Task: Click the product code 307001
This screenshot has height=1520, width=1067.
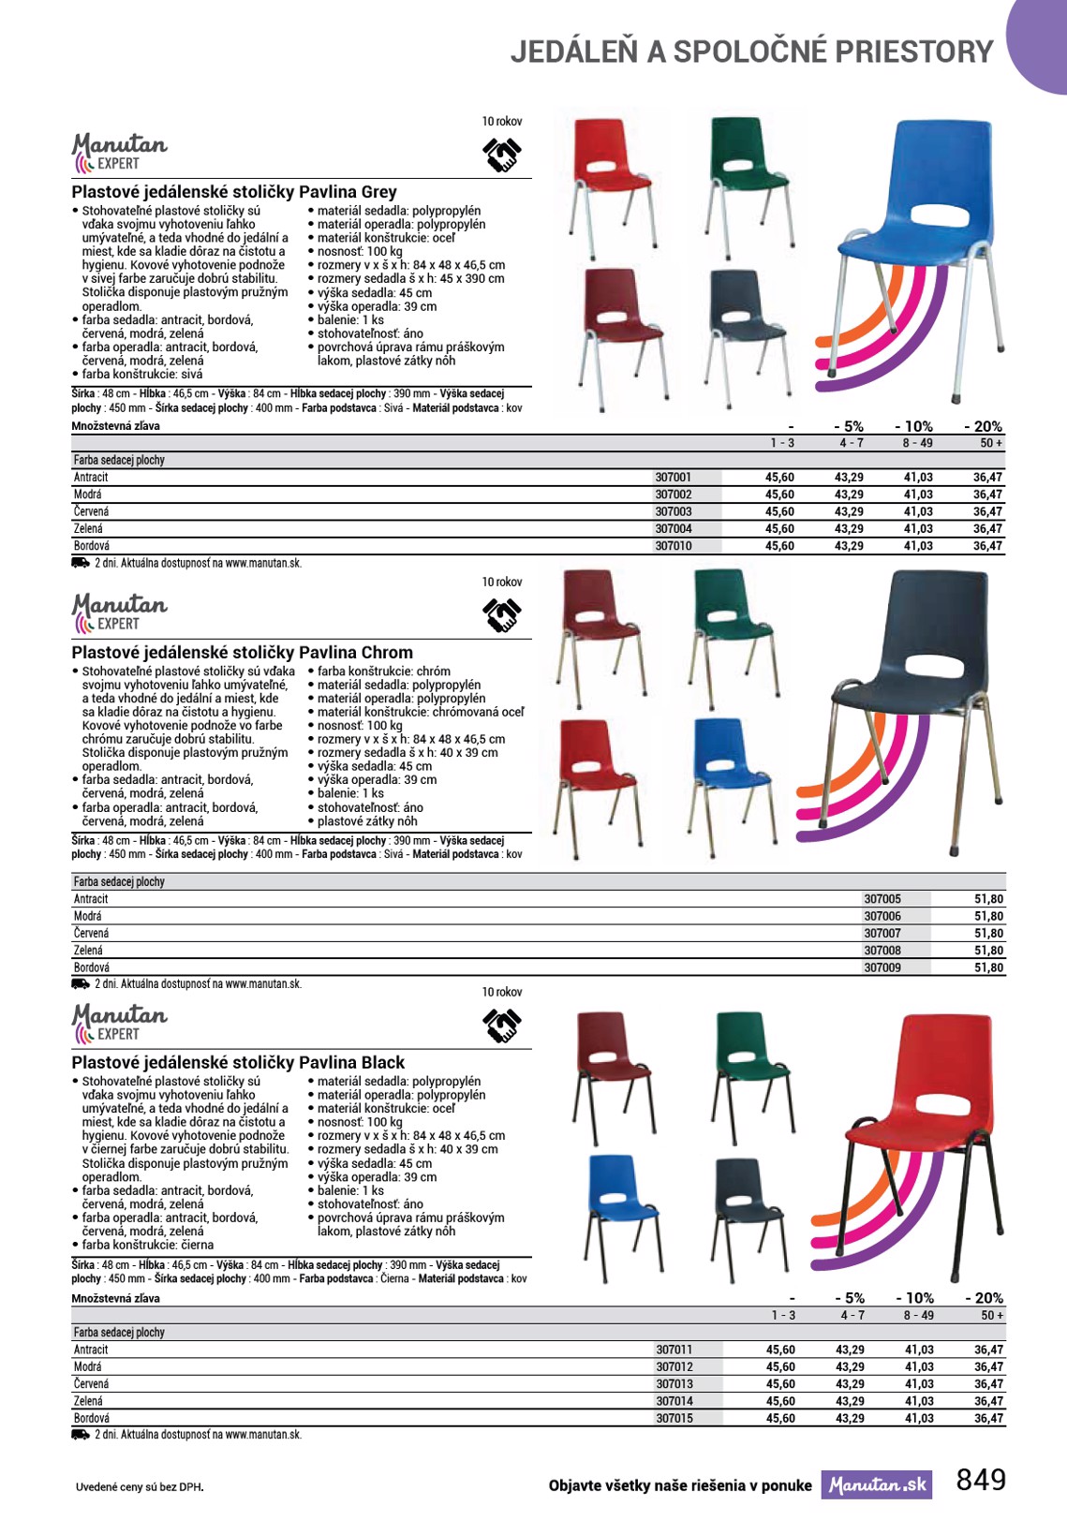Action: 673,478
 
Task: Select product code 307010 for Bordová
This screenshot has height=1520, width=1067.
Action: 673,546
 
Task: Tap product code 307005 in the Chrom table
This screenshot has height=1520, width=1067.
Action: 882,899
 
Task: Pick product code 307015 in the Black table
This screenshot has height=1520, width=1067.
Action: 674,1419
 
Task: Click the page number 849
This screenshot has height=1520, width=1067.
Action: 981,1480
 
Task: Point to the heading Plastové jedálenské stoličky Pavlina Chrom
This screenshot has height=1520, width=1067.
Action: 242,653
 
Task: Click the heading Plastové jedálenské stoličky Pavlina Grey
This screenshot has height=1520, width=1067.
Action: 234,192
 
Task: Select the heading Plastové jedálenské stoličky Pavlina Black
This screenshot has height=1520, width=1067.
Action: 238,1063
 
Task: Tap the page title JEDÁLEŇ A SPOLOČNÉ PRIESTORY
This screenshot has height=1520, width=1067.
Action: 751,52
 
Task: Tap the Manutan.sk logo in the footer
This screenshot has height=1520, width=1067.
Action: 877,1485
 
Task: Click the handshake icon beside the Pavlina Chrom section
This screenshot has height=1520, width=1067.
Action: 502,614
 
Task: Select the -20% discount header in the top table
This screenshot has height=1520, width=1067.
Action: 983,426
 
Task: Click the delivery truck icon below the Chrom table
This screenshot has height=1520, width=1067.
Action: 81,984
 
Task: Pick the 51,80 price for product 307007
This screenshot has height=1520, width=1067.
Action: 988,934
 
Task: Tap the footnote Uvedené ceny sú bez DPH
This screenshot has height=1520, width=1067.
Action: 140,1486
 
